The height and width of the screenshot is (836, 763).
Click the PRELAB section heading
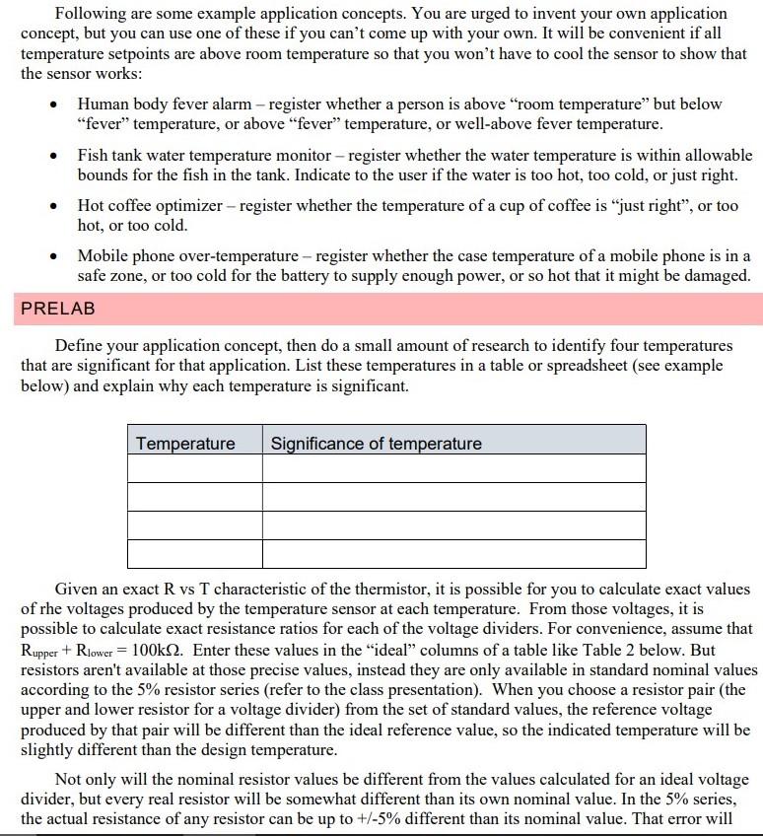(x=58, y=309)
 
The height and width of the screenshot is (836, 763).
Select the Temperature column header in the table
(x=185, y=444)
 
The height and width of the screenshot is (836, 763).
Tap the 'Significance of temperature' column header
(x=376, y=444)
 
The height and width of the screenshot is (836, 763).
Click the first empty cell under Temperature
(x=195, y=468)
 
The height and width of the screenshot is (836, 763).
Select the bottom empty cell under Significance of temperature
(x=453, y=553)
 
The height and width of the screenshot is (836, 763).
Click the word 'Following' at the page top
(x=91, y=14)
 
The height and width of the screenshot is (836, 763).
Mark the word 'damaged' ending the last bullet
(x=716, y=276)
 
